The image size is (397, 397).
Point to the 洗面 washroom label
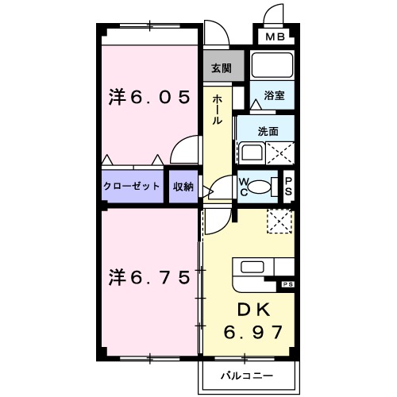click(268, 131)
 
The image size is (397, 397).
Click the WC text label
click(244, 187)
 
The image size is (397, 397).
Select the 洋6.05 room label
click(150, 98)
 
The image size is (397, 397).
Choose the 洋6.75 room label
click(150, 277)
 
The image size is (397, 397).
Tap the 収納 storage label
click(183, 187)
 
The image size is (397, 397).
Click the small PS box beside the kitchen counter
click(287, 283)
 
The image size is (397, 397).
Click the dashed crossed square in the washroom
click(283, 152)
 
